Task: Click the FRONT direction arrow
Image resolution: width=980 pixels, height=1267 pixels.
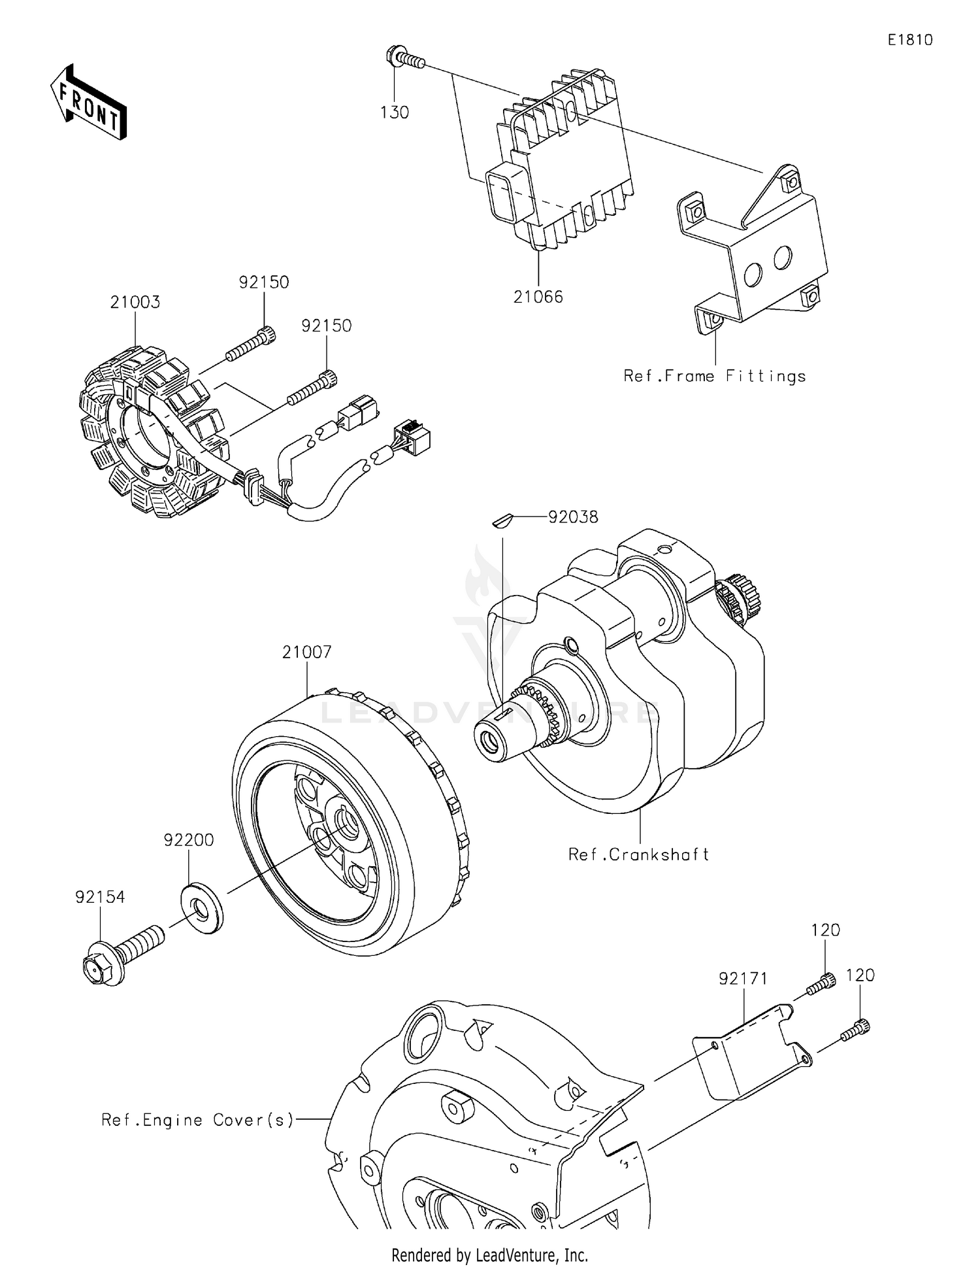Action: [88, 103]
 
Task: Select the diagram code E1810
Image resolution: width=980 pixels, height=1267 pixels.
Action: [909, 40]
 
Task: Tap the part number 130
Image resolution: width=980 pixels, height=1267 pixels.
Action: [395, 112]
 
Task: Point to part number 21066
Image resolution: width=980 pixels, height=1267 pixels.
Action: [538, 297]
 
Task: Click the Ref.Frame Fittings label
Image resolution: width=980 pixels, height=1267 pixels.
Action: [715, 376]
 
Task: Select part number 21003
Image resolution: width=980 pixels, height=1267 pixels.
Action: [135, 302]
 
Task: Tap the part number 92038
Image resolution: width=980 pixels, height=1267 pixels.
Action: [573, 517]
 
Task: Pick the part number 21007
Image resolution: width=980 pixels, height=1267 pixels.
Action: [307, 652]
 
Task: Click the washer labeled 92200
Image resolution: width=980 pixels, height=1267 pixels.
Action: [201, 908]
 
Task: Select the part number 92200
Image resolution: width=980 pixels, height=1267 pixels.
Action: [189, 840]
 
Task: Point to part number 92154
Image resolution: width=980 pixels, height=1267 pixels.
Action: [100, 897]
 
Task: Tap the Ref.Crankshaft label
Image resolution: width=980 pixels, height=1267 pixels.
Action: [638, 854]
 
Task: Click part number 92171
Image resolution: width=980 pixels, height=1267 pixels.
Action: [743, 979]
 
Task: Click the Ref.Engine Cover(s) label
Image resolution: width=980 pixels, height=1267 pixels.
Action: [197, 1120]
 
